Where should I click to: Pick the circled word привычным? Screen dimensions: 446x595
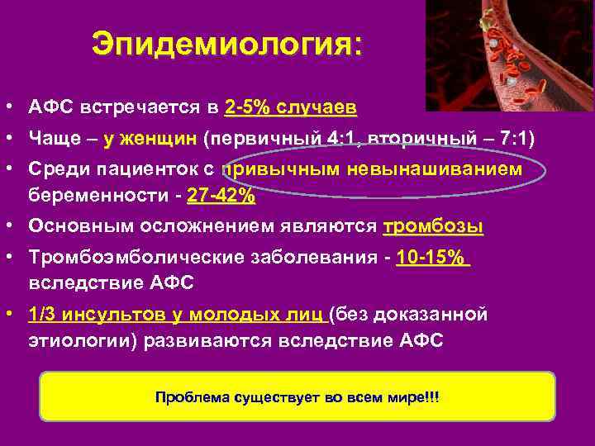278,169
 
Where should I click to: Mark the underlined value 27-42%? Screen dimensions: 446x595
221,197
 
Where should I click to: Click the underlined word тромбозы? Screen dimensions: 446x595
433,227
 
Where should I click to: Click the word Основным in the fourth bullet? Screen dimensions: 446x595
72,227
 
